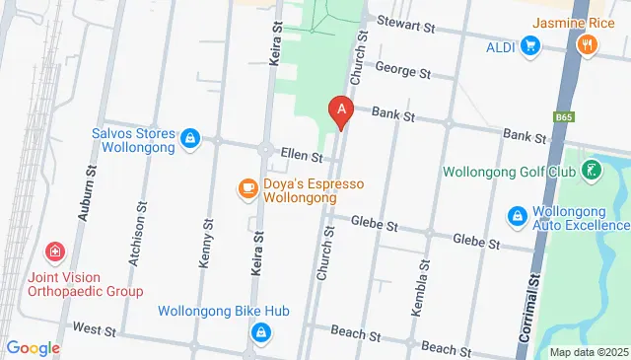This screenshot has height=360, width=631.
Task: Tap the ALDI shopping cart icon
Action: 530,45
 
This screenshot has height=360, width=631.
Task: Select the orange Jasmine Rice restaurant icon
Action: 588,43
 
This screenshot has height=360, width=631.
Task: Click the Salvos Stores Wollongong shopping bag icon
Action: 190,139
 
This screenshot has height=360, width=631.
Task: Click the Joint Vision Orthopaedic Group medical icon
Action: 55,252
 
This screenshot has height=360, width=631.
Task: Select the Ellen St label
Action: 302,155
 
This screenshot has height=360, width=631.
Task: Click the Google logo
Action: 34,347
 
